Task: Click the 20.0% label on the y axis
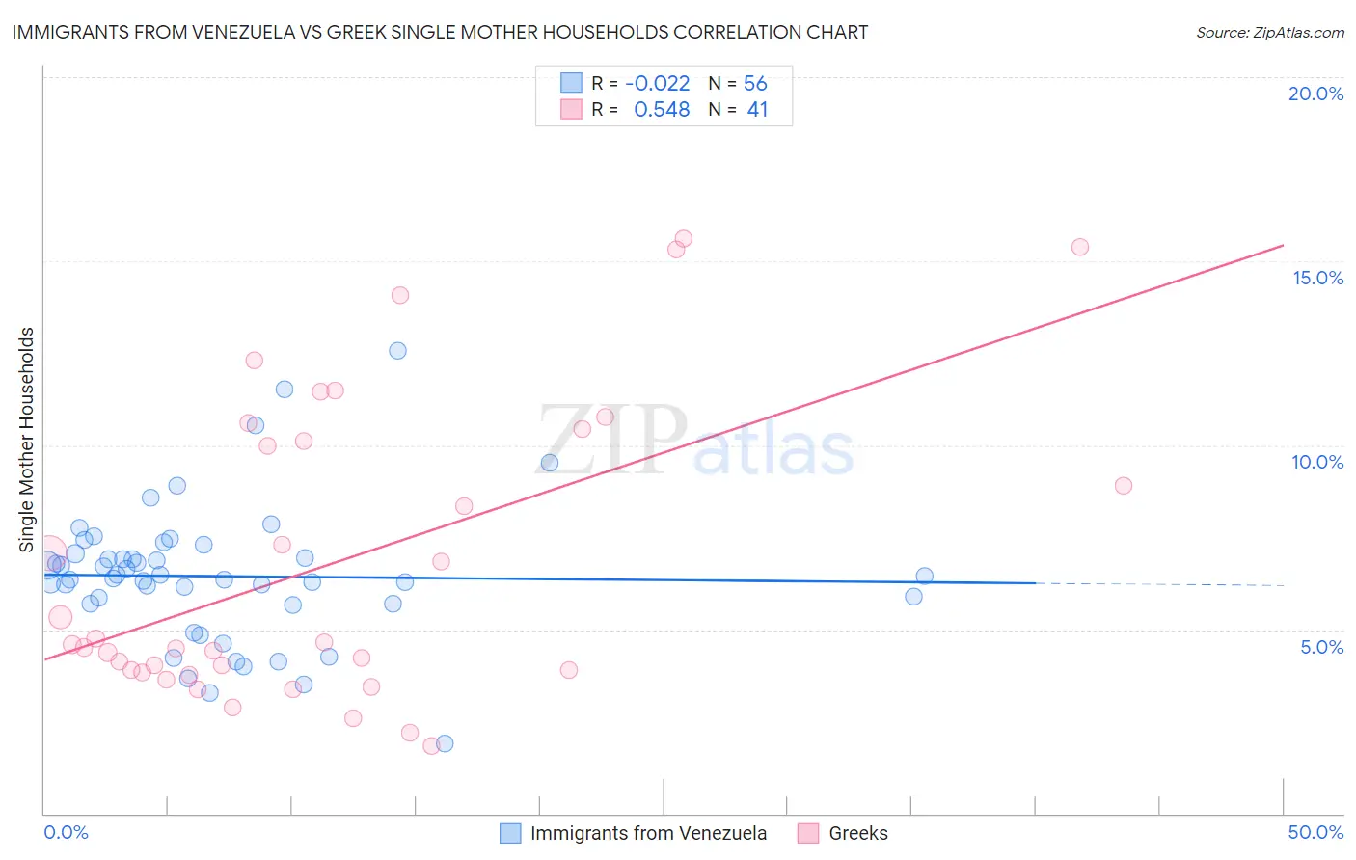pyautogui.click(x=1315, y=94)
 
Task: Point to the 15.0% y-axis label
pyautogui.click(x=1317, y=278)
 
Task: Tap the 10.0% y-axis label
pyautogui.click(x=1317, y=462)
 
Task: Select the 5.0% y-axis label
pyautogui.click(x=1321, y=647)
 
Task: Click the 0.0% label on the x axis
pyautogui.click(x=66, y=832)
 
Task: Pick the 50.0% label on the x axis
pyautogui.click(x=1315, y=832)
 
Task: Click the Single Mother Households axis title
pyautogui.click(x=27, y=440)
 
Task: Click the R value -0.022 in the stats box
pyautogui.click(x=658, y=84)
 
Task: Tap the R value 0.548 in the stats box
pyautogui.click(x=662, y=110)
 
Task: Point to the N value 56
pyautogui.click(x=755, y=84)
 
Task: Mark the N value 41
pyautogui.click(x=757, y=110)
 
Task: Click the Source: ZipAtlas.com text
pyautogui.click(x=1269, y=33)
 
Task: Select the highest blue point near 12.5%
pyautogui.click(x=397, y=351)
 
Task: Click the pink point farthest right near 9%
pyautogui.click(x=1123, y=486)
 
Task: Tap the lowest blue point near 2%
pyautogui.click(x=445, y=743)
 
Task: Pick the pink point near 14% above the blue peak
pyautogui.click(x=400, y=295)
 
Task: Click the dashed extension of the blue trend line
pyautogui.click(x=1157, y=584)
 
